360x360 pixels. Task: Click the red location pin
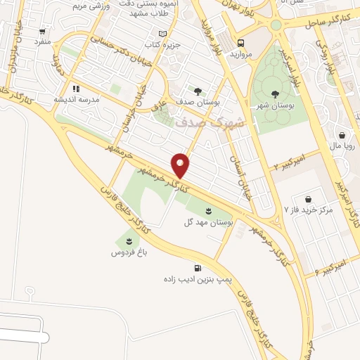pos(181,164)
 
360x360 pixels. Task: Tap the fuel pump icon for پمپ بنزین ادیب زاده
pos(197,268)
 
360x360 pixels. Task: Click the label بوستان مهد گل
pos(208,222)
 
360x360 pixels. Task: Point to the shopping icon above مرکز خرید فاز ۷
pos(308,198)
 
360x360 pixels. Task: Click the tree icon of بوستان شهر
pos(274,94)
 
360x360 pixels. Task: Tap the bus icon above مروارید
pos(240,41)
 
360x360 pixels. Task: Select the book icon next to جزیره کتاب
pos(163,34)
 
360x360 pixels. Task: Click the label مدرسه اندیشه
pos(75,99)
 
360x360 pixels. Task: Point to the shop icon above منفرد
pos(43,32)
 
